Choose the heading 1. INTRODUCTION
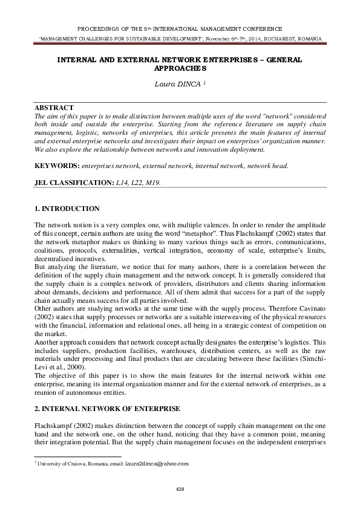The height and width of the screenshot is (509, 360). (67, 209)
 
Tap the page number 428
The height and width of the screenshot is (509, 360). (180, 488)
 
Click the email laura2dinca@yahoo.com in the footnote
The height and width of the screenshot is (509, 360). (157, 464)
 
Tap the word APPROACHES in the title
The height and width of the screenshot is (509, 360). (180, 70)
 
